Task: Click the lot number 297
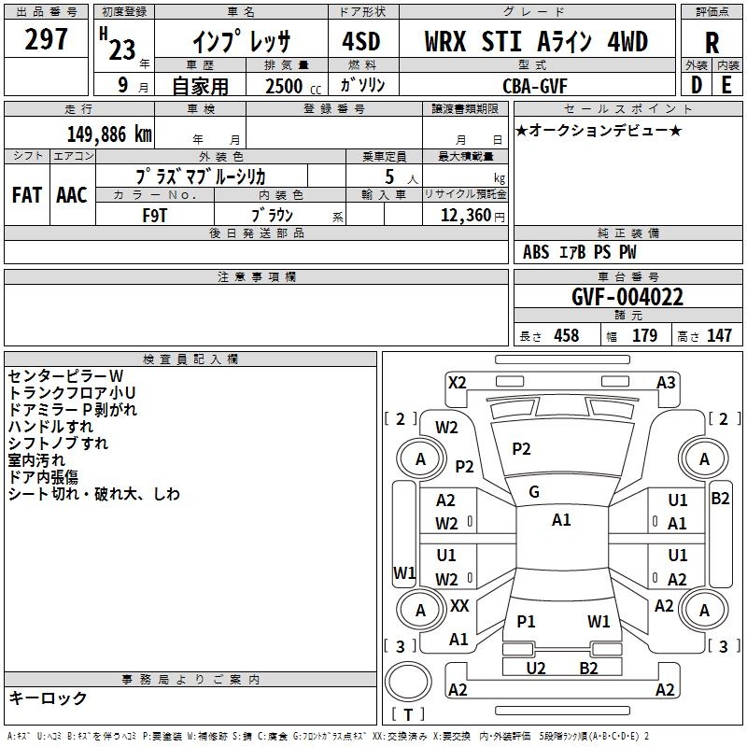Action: [x=46, y=39]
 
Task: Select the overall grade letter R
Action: [x=712, y=43]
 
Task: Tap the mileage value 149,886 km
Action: [x=109, y=134]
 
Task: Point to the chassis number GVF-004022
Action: [x=627, y=297]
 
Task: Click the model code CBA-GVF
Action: [x=535, y=86]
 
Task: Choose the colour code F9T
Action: [x=155, y=216]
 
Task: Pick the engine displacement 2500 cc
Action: [x=293, y=86]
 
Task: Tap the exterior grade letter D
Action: [x=697, y=85]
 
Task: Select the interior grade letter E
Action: [x=726, y=85]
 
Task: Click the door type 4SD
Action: [x=361, y=41]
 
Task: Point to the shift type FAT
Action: [x=27, y=195]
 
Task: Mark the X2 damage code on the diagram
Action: [x=457, y=383]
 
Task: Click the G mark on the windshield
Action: [x=534, y=492]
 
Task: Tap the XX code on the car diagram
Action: [x=459, y=606]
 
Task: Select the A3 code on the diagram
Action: [x=666, y=383]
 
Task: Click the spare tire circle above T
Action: [x=408, y=682]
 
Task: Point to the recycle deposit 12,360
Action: [x=466, y=216]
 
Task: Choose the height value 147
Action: [x=719, y=335]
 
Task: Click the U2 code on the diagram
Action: [x=535, y=668]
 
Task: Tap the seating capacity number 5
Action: [x=389, y=176]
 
